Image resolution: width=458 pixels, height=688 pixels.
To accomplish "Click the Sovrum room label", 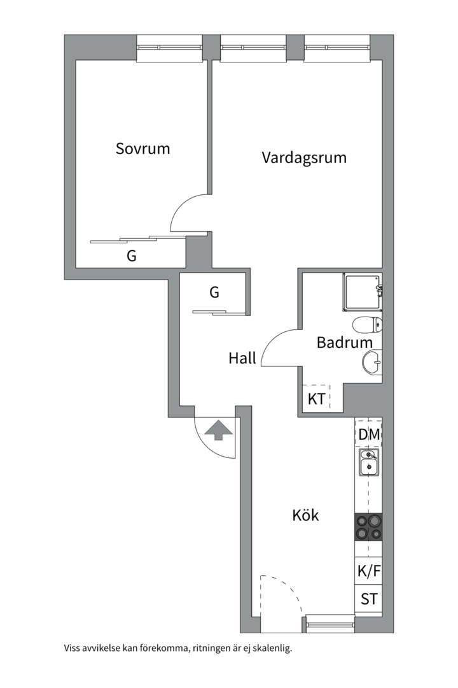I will (142, 149).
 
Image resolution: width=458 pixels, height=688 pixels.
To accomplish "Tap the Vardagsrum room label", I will (304, 157).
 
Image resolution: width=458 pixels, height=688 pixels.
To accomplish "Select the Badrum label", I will (344, 343).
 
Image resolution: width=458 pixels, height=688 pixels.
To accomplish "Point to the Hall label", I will (242, 359).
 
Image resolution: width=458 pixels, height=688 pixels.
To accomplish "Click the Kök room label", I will (305, 515).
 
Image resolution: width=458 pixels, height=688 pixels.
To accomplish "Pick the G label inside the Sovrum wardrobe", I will (132, 256).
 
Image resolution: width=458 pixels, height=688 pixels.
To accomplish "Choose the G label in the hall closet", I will (214, 292).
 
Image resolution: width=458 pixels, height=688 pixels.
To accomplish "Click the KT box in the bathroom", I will (317, 399).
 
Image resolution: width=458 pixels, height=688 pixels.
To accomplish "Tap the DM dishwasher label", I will (369, 434).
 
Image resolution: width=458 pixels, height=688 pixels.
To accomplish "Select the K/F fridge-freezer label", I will (369, 571).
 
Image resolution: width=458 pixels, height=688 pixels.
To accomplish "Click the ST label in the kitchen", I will (369, 599).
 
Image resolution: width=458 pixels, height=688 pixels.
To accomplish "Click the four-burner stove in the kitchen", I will (369, 527).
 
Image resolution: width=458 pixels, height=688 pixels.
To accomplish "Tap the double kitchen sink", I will (368, 462).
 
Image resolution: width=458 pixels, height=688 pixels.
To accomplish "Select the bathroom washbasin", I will (372, 362).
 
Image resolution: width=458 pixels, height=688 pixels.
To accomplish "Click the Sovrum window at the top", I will (170, 48).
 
